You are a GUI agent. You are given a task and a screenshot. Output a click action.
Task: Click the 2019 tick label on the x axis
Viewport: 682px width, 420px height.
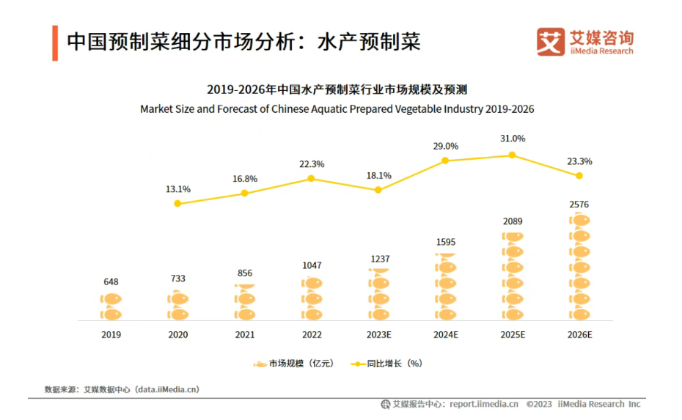point(111,334)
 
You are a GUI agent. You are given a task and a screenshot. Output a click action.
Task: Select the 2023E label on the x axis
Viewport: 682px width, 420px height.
point(379,334)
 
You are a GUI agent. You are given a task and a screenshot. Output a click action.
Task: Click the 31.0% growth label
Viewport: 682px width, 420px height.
point(513,139)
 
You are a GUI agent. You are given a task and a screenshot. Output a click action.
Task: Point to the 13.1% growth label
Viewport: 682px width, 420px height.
point(178,189)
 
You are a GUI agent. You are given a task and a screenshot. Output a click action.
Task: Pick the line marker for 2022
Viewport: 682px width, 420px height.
point(311,178)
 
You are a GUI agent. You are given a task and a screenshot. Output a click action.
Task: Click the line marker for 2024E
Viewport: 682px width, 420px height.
point(446,161)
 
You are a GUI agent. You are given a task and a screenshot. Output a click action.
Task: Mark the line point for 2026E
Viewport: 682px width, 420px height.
point(579,176)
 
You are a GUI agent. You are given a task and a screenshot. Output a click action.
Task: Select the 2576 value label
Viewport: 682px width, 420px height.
point(579,205)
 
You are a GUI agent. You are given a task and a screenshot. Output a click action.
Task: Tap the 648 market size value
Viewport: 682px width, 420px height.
point(111,281)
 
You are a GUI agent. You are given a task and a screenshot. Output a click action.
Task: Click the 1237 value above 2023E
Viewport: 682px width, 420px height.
point(379,259)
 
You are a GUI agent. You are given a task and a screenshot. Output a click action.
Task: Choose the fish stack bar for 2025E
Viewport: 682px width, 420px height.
point(513,276)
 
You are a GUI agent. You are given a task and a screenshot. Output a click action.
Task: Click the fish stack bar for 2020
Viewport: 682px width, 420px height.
point(178,306)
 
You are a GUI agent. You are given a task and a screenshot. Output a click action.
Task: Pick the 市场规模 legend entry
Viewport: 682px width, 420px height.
point(293,363)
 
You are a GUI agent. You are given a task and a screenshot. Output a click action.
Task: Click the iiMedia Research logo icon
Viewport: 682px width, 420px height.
point(551,42)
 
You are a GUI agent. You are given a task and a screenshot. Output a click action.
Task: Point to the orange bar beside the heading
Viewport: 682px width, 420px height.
point(55,43)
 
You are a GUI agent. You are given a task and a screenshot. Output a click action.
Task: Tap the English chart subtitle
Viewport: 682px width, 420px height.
point(337,109)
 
